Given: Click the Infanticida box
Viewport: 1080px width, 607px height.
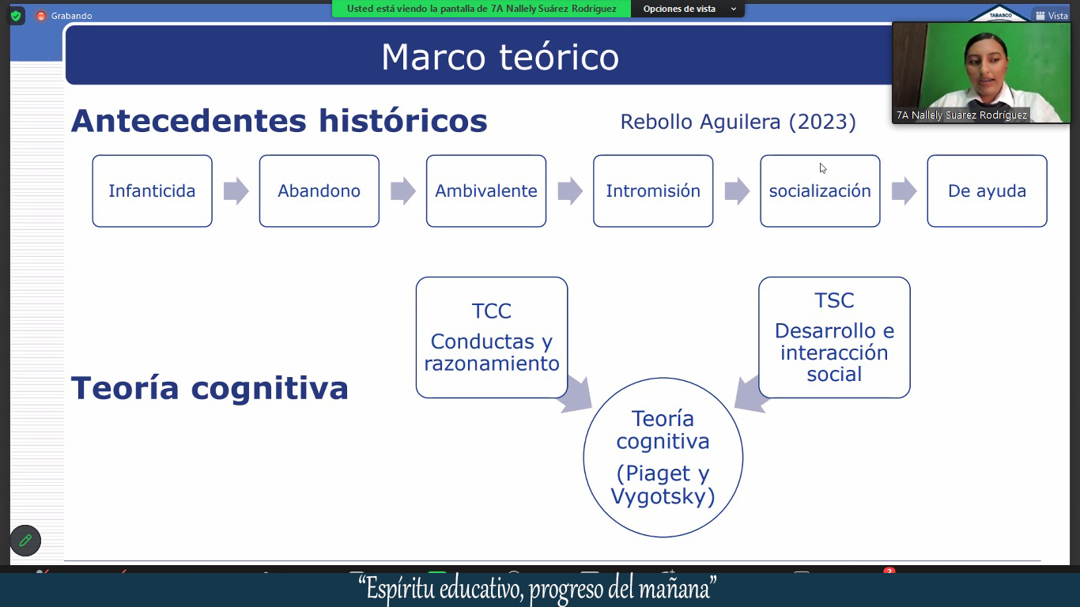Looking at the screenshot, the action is [153, 191].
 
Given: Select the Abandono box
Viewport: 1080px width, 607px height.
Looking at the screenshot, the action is [319, 191].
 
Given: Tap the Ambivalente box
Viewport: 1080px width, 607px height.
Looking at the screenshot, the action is [486, 191].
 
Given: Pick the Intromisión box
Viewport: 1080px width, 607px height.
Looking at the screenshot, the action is [653, 191].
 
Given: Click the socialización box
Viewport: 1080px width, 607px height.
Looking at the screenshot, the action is [820, 191].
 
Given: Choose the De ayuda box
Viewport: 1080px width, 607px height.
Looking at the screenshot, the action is [987, 191].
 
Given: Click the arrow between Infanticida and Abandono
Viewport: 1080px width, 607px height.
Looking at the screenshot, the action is [236, 191].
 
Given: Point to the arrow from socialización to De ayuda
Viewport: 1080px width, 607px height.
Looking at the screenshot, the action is [904, 191].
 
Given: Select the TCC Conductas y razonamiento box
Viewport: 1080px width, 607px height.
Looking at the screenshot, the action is [492, 337].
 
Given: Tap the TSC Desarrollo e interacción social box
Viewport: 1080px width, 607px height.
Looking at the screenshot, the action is [834, 337].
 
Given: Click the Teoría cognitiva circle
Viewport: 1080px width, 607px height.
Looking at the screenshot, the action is [663, 457].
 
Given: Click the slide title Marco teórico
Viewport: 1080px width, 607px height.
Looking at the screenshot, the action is [500, 57].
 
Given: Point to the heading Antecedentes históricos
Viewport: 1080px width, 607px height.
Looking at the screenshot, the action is [279, 121].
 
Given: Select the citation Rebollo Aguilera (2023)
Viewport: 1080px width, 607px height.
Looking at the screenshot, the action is [738, 122].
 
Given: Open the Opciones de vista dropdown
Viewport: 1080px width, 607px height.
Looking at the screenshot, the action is [688, 9].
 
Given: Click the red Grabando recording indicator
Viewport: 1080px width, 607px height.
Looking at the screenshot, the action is [41, 16].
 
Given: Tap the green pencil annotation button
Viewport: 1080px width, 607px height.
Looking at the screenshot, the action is [25, 541].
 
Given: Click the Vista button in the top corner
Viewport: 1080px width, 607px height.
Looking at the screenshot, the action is [1052, 16].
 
